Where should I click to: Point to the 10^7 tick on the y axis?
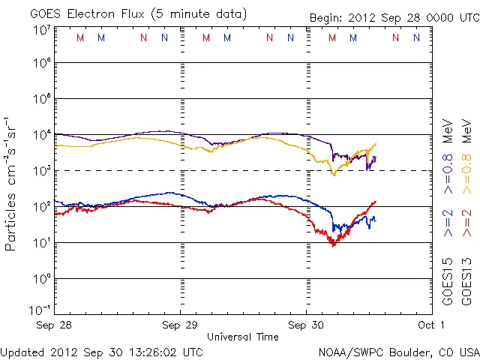tap(41, 29)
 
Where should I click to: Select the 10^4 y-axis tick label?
tap(41, 135)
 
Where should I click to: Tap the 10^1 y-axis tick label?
tap(41, 243)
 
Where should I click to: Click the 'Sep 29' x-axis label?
tap(181, 325)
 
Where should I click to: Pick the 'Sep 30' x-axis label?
tap(306, 325)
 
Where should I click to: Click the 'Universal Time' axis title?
tap(242, 337)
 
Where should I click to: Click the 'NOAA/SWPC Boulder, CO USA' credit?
tap(397, 351)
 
